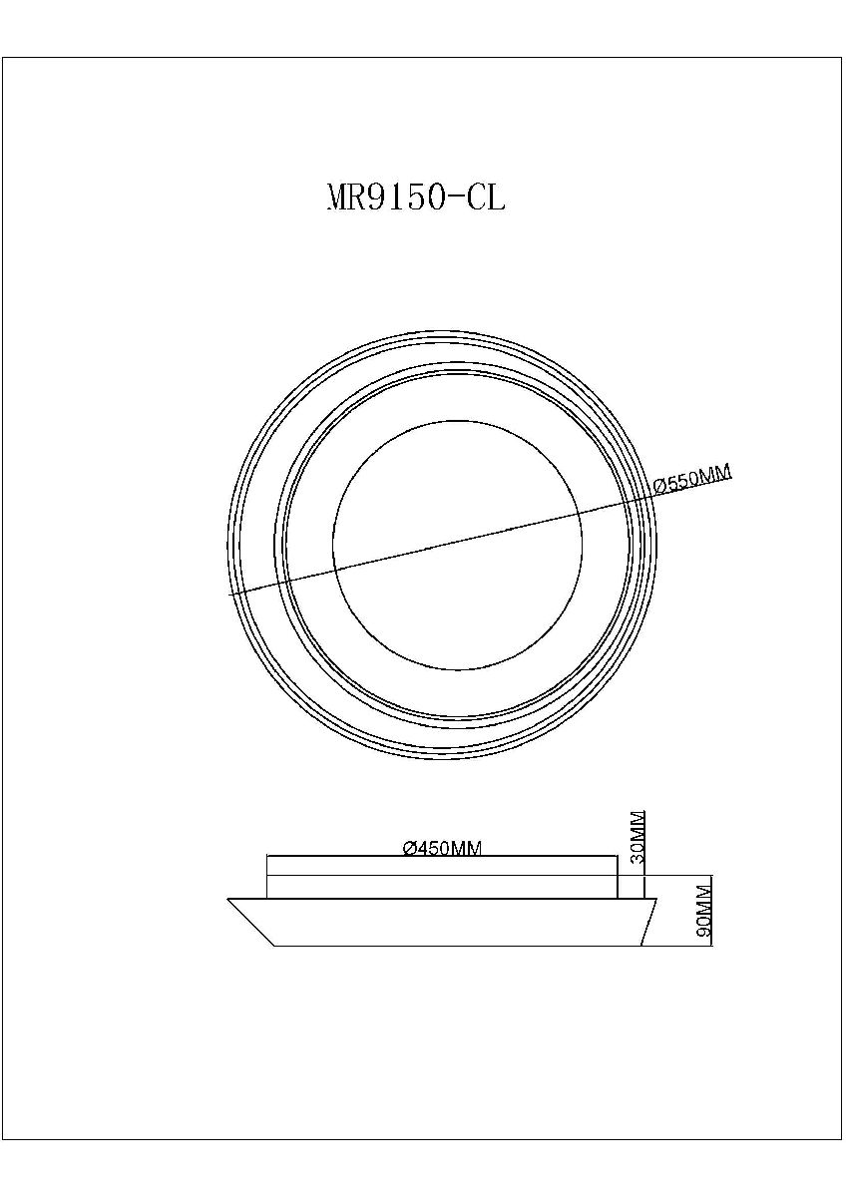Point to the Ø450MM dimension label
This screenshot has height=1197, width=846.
(x=443, y=848)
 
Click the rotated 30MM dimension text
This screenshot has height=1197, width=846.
(x=637, y=844)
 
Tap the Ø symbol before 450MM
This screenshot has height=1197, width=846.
(x=410, y=849)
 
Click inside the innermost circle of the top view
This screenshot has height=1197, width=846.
(x=457, y=545)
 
